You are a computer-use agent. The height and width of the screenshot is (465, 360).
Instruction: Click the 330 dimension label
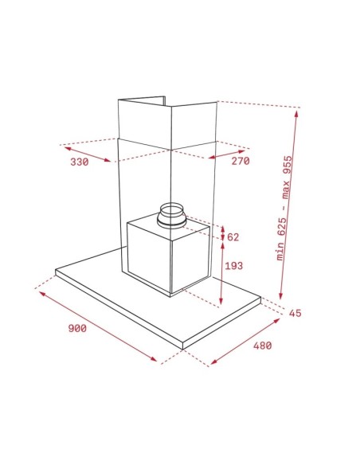coord(78,162)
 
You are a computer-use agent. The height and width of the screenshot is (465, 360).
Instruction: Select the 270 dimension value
coord(241,162)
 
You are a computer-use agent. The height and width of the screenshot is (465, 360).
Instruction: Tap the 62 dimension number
coord(233,237)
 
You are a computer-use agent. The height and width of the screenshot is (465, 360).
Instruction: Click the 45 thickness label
coord(295,313)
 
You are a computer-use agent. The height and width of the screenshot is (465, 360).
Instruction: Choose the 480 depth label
coord(262,346)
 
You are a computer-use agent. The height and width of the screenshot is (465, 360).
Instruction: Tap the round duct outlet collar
coord(172,217)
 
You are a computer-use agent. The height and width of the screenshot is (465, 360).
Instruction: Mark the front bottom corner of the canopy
coord(182,348)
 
